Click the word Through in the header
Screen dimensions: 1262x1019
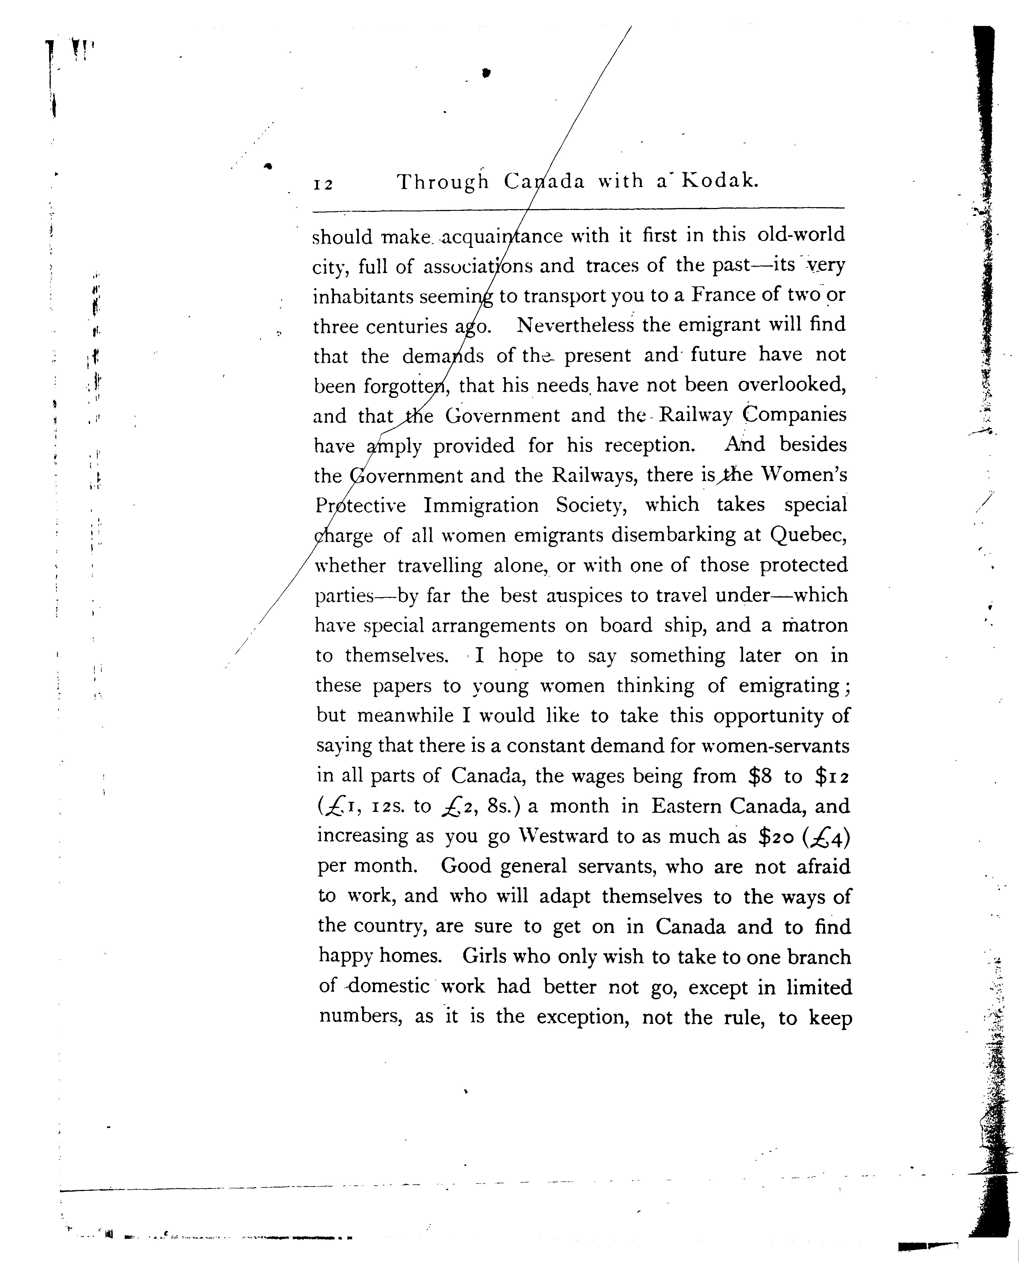tap(443, 182)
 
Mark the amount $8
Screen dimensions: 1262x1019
tap(761, 776)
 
